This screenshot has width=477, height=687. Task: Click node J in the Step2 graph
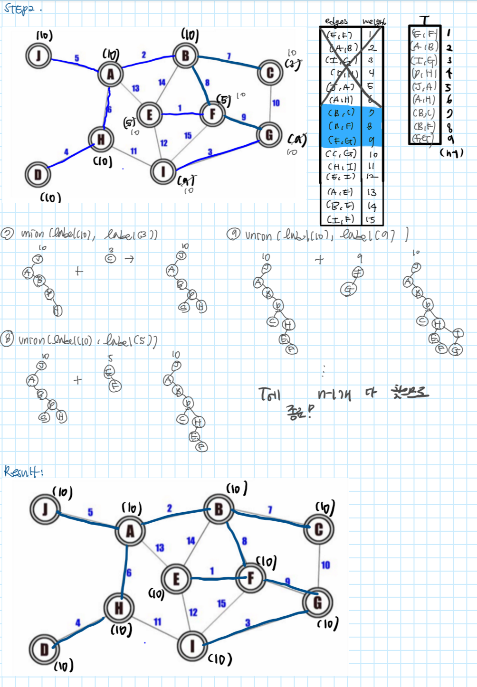[x=38, y=56]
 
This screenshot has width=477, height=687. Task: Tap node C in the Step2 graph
[x=270, y=73]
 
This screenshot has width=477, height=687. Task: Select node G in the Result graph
[x=317, y=602]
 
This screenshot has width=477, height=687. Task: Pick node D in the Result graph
[x=44, y=649]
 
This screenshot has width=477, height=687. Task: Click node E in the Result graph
[x=176, y=579]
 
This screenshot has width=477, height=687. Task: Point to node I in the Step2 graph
[x=163, y=171]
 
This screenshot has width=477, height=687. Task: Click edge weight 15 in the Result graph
[x=221, y=603]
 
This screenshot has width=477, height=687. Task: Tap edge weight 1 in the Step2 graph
[x=180, y=108]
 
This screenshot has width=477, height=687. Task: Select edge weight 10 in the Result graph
[x=325, y=565]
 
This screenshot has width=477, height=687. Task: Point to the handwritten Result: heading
[x=23, y=471]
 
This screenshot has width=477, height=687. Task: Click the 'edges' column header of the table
[x=336, y=21]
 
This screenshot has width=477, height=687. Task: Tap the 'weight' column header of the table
[x=374, y=21]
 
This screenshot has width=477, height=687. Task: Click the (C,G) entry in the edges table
[x=341, y=154]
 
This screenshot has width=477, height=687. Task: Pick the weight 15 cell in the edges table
[x=371, y=219]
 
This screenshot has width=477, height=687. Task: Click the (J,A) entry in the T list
[x=424, y=86]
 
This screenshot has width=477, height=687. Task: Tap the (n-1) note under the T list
[x=451, y=153]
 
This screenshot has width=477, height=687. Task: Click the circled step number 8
[x=7, y=341]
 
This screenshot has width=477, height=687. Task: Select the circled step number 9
[x=233, y=234]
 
